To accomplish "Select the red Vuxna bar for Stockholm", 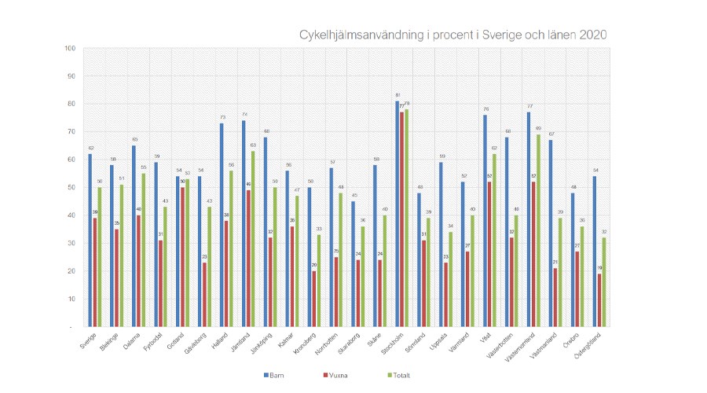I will click(x=402, y=219).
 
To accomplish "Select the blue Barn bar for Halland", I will click(x=222, y=225).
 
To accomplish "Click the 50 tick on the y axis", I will click(x=71, y=187).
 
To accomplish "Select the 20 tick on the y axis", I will click(x=71, y=270).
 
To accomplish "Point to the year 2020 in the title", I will click(x=592, y=35).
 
